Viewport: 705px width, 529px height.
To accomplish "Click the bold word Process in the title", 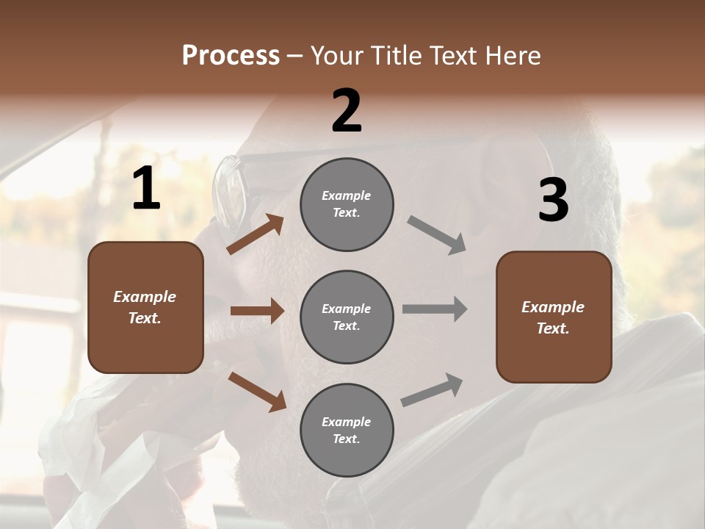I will (231, 55).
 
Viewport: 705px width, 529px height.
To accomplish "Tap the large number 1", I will (146, 189).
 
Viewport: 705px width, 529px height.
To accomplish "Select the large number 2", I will (347, 111).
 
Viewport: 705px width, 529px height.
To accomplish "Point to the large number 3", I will (553, 200).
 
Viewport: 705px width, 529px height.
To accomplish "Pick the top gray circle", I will (347, 204).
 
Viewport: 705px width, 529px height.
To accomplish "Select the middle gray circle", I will (347, 317).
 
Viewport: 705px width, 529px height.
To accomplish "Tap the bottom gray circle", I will (347, 430).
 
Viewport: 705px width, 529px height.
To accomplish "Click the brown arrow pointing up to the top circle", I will (255, 234).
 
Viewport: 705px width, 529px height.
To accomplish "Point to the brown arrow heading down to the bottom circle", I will (257, 392).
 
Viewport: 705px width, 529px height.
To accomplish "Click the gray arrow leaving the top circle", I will (437, 235).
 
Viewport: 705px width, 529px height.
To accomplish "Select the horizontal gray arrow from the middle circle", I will (435, 309).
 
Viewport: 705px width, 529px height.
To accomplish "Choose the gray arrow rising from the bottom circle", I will (433, 389).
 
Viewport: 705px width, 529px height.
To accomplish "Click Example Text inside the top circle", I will (347, 204).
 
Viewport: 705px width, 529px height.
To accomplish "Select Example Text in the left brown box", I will (145, 307).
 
